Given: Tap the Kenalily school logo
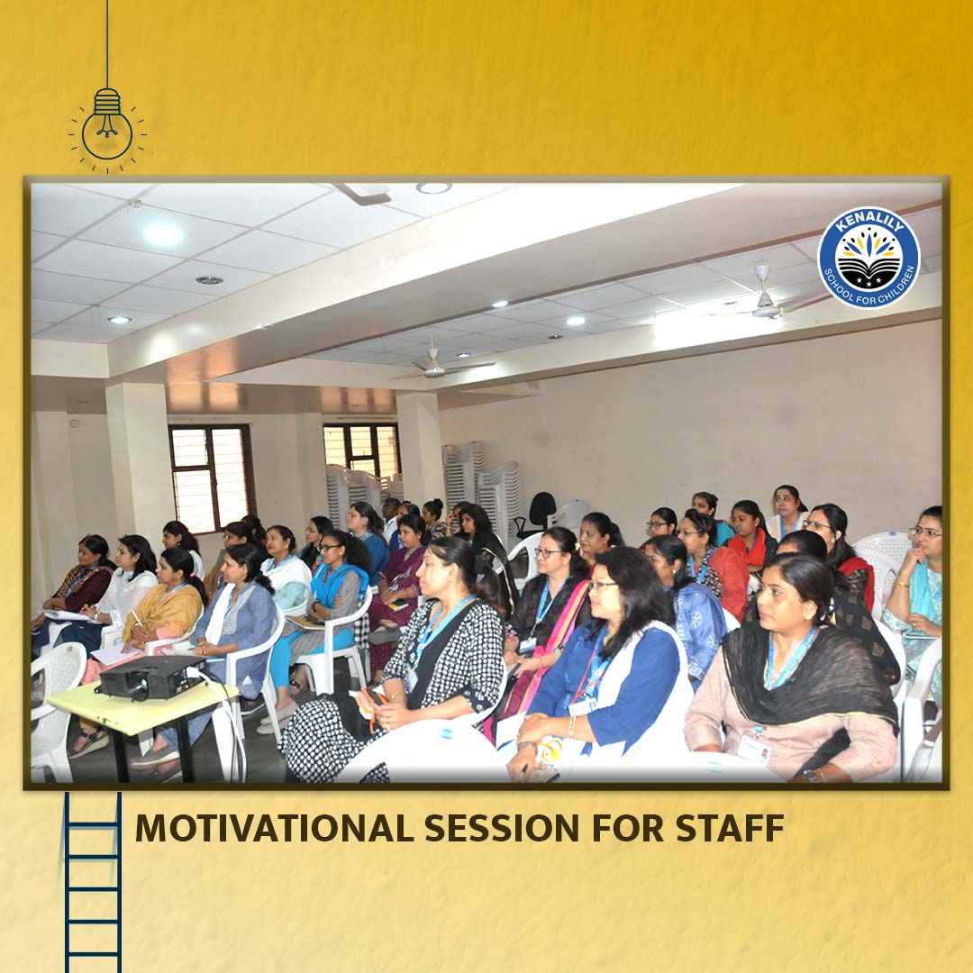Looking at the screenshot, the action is pos(868,257).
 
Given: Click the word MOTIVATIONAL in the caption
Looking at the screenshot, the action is pos(274,828).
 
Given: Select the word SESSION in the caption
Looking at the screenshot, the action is pos(503,828).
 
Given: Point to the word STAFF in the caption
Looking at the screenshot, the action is pos(730,828).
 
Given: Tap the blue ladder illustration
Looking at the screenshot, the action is pos(93,882).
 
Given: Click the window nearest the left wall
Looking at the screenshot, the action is pos(212,477).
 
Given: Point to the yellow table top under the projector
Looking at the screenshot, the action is pos(142,704).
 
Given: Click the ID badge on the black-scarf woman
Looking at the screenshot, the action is pos(754,750).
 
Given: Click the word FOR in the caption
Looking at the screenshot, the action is pos(627,828).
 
